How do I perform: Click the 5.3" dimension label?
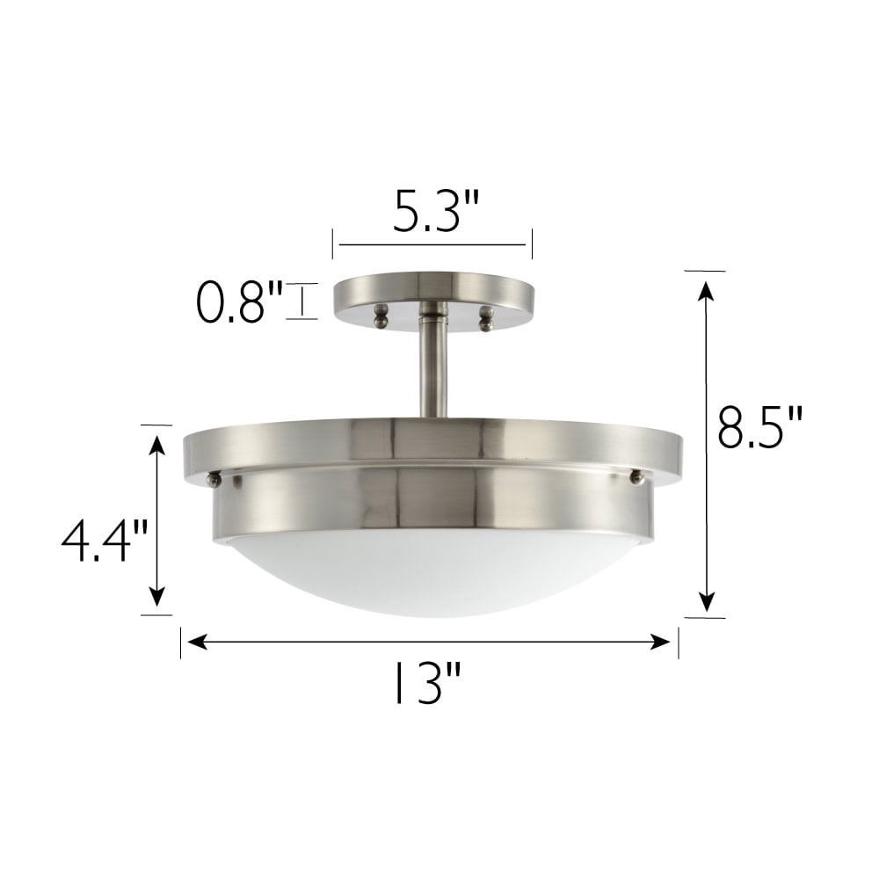436,211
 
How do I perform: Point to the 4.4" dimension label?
105,541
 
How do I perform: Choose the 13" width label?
428,683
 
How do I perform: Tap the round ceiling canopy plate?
434,297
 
